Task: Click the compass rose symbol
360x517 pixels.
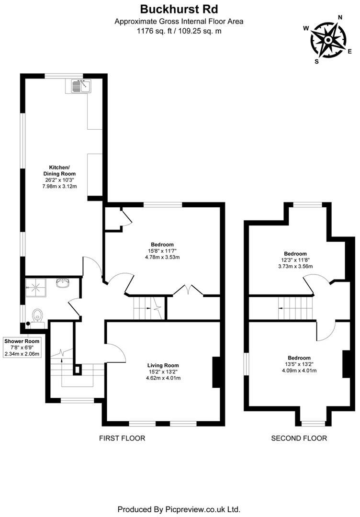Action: (x=328, y=40)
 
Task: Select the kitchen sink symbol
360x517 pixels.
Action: (x=80, y=86)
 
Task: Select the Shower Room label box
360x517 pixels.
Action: (x=22, y=348)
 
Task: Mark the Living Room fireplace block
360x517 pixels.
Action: (x=216, y=372)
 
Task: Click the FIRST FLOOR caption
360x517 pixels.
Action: (x=122, y=438)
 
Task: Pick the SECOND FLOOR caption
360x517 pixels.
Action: (x=299, y=438)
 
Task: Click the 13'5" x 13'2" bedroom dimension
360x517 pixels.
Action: (x=299, y=364)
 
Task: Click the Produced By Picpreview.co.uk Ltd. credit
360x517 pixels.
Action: (x=179, y=509)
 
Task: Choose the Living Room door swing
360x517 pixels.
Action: (x=117, y=353)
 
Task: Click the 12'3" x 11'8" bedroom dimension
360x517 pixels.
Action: (x=295, y=260)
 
